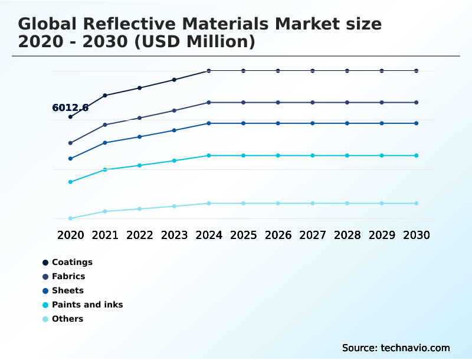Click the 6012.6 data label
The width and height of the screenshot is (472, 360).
[x=70, y=107]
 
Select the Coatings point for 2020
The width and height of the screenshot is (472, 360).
[x=70, y=117]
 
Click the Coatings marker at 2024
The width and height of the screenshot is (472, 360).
[x=208, y=71]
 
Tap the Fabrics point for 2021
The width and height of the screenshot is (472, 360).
[x=105, y=125]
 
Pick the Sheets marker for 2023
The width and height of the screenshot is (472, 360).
[x=174, y=130]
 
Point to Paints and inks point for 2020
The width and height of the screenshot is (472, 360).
[x=70, y=182]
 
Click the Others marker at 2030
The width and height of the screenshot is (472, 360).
[x=416, y=203]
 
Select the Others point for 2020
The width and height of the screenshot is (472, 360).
[x=70, y=218]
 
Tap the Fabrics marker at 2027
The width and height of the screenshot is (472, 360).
[x=313, y=103]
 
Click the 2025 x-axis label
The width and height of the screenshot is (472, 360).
[x=243, y=235]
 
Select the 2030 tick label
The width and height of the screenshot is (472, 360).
[x=416, y=235]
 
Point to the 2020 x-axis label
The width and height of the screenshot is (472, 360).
[x=70, y=235]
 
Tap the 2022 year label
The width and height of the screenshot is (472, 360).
[x=140, y=235]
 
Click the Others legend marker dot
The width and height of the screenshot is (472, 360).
[x=45, y=319]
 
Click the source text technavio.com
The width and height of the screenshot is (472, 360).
[x=396, y=348]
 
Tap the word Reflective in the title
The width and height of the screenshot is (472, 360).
[x=131, y=24]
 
